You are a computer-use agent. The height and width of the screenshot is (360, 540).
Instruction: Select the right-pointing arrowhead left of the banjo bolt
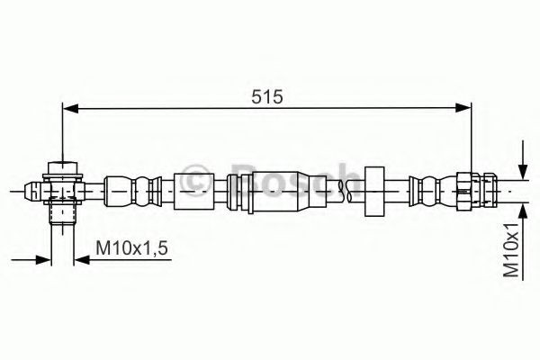43,260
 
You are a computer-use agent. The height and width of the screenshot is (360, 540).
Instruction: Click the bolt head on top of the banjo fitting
61,167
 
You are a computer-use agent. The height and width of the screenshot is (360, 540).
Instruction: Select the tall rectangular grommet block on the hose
374,189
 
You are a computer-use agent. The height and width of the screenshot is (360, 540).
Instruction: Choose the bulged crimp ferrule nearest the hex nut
428,189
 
